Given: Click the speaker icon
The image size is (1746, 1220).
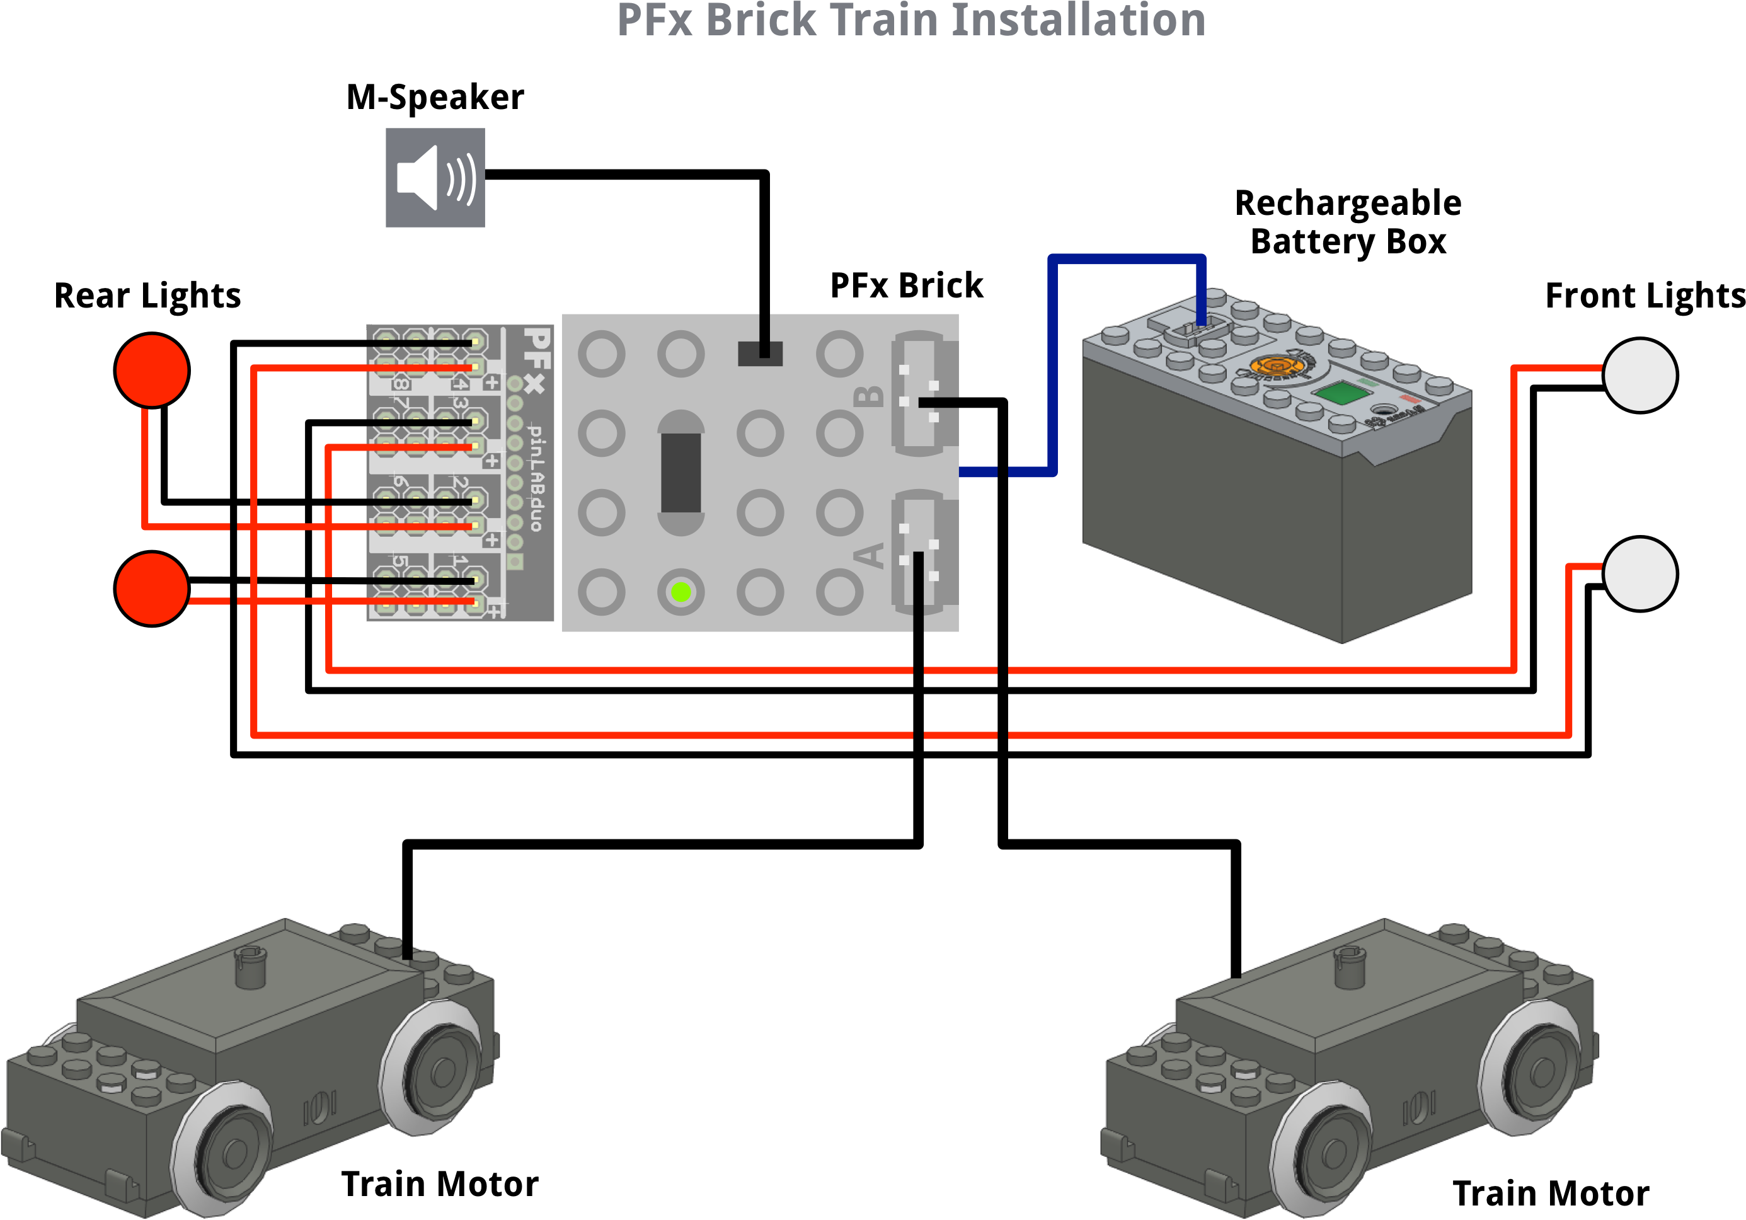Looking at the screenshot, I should [435, 177].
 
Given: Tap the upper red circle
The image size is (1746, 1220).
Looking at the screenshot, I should [152, 371].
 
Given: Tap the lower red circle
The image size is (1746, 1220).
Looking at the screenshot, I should [152, 589].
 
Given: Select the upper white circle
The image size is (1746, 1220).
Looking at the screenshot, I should [1640, 375].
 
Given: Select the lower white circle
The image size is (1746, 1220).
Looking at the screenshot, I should [1640, 573].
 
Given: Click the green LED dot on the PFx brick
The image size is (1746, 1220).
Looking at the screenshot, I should [681, 592].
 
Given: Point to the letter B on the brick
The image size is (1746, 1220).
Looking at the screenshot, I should [868, 396].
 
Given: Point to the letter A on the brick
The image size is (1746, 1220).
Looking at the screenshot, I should [868, 555].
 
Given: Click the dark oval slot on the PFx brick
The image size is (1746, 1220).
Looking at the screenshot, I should [681, 473].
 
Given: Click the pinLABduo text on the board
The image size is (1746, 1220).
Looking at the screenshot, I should [536, 478].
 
